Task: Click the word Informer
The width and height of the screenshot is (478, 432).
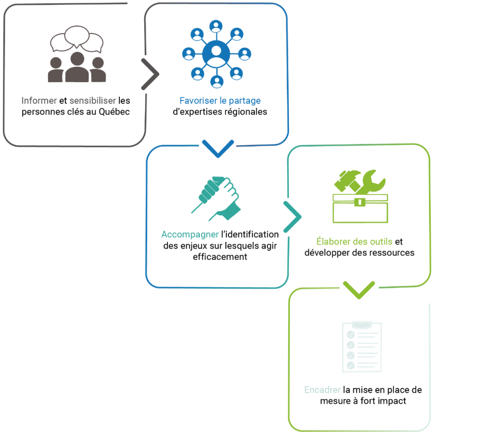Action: click(39, 100)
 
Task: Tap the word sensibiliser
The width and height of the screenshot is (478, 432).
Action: click(92, 100)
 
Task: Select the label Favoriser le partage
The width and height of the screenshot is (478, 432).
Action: click(220, 101)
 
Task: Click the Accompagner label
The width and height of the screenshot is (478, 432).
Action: click(190, 234)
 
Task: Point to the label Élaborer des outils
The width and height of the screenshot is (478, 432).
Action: click(354, 242)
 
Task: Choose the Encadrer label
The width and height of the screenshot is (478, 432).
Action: click(322, 390)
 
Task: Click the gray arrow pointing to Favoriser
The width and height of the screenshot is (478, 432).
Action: click(150, 74)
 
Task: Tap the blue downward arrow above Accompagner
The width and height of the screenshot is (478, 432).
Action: click(218, 148)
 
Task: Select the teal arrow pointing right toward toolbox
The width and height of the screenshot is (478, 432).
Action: click(292, 217)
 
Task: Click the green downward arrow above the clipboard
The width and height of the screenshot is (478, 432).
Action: click(358, 290)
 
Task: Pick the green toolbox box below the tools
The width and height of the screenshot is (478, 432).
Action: click(360, 208)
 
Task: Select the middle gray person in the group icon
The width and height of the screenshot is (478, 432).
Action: click(77, 68)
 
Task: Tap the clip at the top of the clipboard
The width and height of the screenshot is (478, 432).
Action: click(362, 323)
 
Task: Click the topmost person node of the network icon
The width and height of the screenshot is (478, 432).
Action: click(217, 25)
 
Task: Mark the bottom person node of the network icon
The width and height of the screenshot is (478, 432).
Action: click(217, 81)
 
